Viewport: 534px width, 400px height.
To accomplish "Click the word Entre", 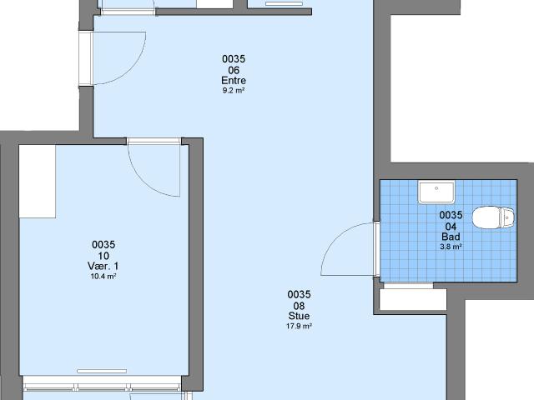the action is tap(234, 81).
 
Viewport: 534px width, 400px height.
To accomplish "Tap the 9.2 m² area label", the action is tap(234, 91).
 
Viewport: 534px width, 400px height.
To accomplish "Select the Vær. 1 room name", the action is tap(103, 266).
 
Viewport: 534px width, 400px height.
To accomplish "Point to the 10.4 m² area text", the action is tap(103, 276).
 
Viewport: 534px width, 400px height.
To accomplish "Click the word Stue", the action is tap(299, 316).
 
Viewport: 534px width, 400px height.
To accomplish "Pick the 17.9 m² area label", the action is tap(299, 326).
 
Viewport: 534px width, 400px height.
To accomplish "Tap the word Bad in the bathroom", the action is tap(451, 237).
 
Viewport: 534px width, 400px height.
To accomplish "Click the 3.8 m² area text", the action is tap(451, 247).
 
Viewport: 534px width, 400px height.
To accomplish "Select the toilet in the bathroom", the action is tap(493, 217).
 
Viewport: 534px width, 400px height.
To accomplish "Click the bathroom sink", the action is tap(436, 192).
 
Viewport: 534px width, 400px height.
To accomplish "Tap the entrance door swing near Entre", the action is tap(132, 69).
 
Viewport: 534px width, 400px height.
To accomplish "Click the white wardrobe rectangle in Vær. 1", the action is tap(38, 182).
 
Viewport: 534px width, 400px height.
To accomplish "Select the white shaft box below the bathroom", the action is tap(413, 299).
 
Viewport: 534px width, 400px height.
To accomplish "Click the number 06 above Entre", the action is tap(234, 70).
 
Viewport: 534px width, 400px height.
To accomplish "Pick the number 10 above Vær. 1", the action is tap(103, 256).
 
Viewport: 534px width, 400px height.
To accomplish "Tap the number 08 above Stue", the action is tap(299, 306).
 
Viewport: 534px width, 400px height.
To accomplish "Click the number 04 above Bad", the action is tap(451, 226).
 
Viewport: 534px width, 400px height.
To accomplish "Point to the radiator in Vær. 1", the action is tap(102, 371).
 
